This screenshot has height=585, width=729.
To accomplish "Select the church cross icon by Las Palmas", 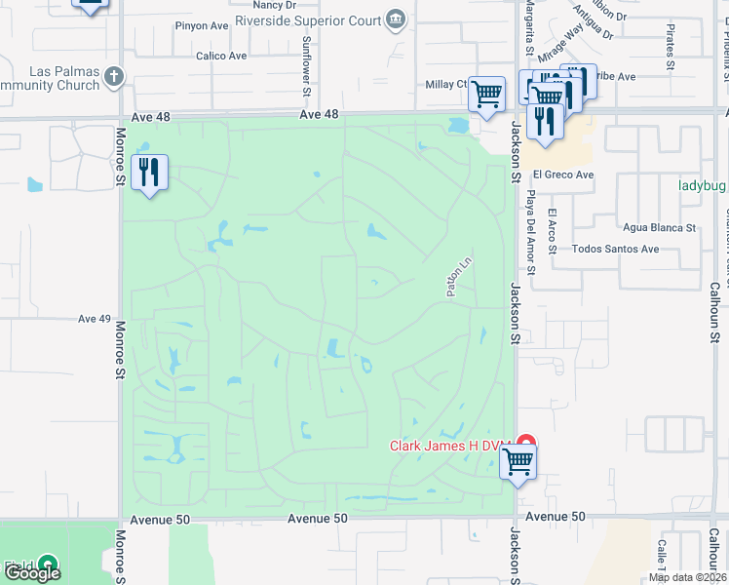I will click(x=115, y=75).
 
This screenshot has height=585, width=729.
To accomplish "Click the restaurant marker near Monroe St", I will click(x=149, y=173).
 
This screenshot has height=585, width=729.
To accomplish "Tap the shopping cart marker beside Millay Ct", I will click(x=486, y=95).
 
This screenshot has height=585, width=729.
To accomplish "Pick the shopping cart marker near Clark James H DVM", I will click(x=518, y=460).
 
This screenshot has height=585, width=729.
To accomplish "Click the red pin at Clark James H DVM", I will click(x=526, y=444).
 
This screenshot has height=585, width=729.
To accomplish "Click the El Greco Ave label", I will click(x=563, y=175).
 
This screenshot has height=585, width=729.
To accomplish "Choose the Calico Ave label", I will click(x=221, y=57).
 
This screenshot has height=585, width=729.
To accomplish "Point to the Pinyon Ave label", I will click(x=202, y=26).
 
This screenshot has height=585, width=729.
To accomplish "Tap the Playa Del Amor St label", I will click(x=531, y=221).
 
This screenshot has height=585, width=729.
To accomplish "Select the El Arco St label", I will click(x=552, y=231).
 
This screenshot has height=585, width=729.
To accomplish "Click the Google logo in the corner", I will click(x=33, y=572).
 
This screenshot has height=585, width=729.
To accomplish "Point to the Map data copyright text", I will click(x=686, y=577).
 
